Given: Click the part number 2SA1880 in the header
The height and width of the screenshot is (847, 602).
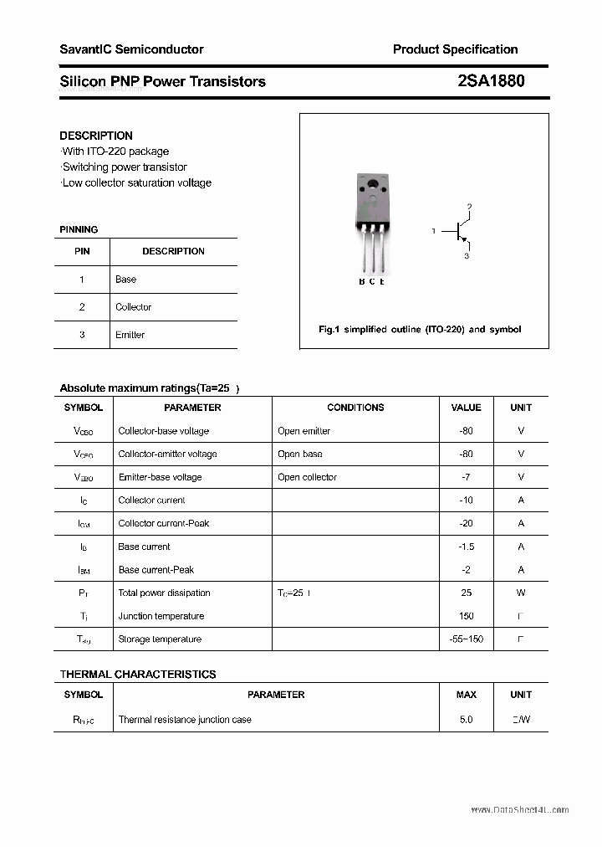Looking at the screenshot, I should [492, 81].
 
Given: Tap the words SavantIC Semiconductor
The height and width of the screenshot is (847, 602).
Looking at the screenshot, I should [131, 49].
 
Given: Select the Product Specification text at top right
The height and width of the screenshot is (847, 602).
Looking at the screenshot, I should [455, 49].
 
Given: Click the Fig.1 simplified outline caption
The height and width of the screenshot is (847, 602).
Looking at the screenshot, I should [420, 329].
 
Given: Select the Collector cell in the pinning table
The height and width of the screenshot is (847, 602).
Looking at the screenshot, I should [134, 307].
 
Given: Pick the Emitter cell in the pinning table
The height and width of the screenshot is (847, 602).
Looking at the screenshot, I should [130, 335].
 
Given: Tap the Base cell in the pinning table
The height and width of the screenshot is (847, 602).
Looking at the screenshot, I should [126, 280].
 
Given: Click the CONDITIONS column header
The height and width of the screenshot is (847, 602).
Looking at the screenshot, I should [355, 408].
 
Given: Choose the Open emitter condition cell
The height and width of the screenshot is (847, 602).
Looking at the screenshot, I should [304, 431].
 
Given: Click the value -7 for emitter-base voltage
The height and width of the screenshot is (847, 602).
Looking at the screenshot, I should [466, 477].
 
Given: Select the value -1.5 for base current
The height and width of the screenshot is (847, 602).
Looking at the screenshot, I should [466, 547].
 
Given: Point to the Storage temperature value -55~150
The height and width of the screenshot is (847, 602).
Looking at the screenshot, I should [466, 639].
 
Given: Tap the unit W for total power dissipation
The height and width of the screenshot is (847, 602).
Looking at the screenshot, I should [520, 593].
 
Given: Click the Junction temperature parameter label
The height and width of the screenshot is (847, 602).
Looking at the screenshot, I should [161, 616].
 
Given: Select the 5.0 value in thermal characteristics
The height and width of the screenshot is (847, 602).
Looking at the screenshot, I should [466, 720].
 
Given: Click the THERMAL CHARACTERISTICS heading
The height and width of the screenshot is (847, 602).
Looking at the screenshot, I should [138, 674].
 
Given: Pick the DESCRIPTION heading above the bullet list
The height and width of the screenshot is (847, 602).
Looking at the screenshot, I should [96, 136].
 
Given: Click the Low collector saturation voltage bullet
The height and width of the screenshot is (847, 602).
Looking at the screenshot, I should [137, 182].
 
